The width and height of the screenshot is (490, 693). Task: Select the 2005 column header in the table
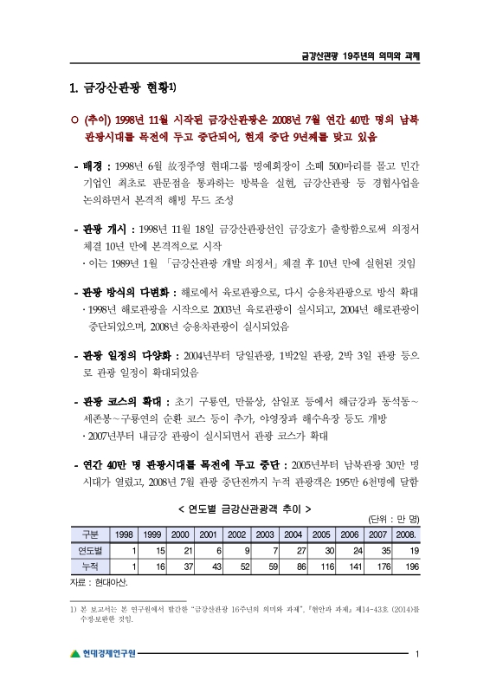click(323, 534)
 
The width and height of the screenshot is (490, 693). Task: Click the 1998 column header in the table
click(124, 534)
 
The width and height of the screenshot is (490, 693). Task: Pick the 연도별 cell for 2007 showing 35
click(381, 550)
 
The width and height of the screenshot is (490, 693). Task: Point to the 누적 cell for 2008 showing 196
click(409, 565)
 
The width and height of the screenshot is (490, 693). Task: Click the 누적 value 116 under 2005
click(323, 565)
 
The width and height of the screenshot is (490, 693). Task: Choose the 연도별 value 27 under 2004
click(295, 550)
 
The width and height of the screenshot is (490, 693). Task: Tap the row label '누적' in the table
click(89, 565)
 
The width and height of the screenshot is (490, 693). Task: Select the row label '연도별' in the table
click(89, 550)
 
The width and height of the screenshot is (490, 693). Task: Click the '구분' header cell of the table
click(89, 534)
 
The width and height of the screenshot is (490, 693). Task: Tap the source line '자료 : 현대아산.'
click(97, 580)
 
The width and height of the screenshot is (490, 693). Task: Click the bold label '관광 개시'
click(102, 229)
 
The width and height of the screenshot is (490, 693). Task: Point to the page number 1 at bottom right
click(417, 653)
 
